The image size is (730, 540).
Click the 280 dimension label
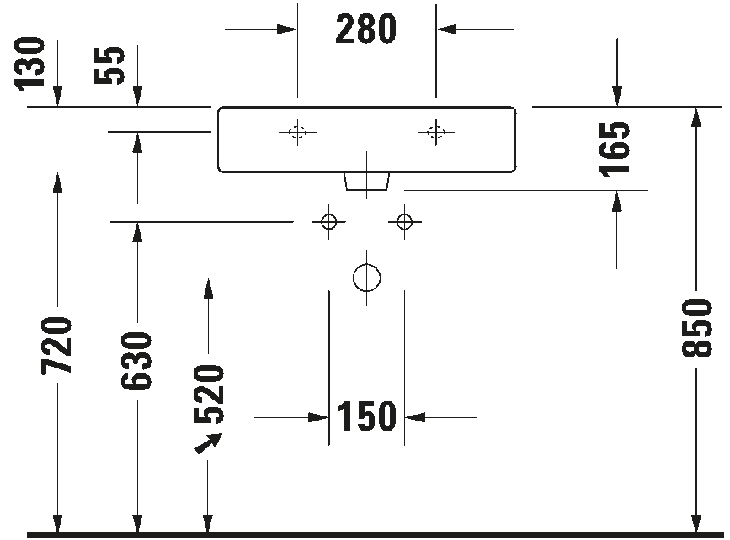[365, 29]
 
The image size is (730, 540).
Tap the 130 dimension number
[30, 64]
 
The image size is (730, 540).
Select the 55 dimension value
[109, 66]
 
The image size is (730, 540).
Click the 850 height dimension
[697, 328]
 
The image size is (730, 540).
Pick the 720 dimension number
[56, 346]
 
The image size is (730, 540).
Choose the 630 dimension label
[136, 361]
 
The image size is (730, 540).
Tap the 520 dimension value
[209, 394]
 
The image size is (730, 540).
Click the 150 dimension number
[366, 416]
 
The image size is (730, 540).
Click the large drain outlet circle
[367, 264]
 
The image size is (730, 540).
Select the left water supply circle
[328, 215]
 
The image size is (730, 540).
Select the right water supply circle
[404, 215]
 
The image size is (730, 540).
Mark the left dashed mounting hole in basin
[297, 126]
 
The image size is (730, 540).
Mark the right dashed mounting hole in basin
[436, 126]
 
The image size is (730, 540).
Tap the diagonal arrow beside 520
[209, 442]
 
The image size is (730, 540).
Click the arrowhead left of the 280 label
[287, 29]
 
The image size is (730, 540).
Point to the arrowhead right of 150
[415, 417]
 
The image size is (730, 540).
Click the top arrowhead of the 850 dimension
[696, 117]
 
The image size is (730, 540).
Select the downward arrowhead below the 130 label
[57, 96]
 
